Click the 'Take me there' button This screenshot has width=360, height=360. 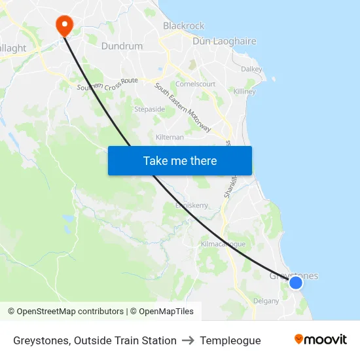180,160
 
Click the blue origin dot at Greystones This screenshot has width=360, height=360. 296,282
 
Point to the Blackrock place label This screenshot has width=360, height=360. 183,26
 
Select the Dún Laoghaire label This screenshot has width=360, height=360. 225,41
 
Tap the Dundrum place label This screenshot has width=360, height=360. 122,46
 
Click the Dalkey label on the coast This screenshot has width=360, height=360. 251,69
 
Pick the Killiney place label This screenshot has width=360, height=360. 245,92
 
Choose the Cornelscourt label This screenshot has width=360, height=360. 196,84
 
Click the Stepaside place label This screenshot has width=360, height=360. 149,109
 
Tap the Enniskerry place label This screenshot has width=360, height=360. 191,205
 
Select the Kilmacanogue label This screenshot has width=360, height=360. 223,243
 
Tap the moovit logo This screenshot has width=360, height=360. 320,339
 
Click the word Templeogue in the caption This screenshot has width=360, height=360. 230,340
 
